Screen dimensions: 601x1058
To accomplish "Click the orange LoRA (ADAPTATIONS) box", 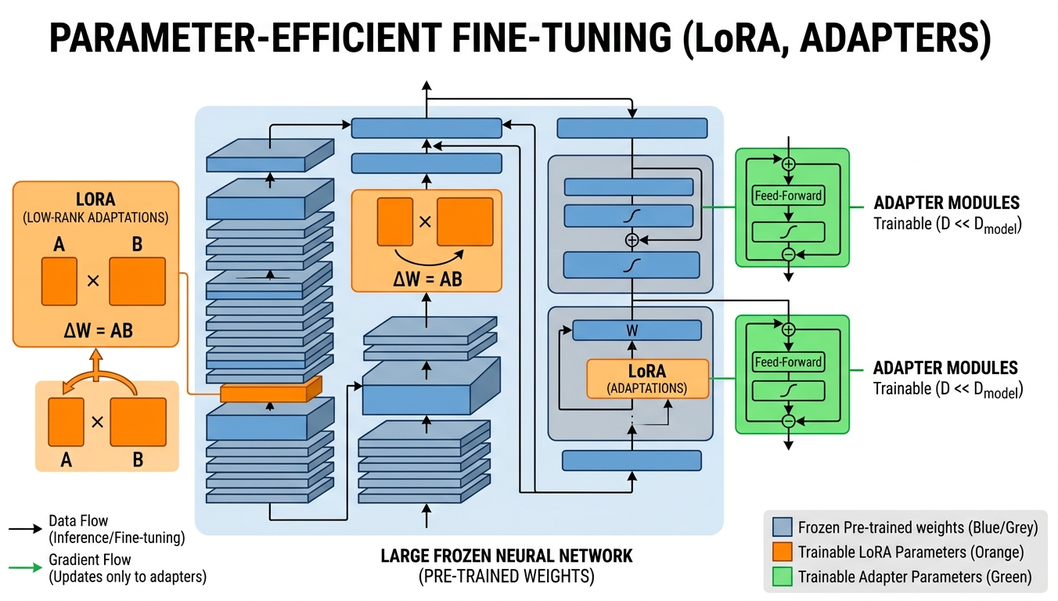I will point(647,379).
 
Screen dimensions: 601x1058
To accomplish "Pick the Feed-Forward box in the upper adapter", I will point(788,195).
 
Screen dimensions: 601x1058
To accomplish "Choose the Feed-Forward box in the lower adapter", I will point(788,362).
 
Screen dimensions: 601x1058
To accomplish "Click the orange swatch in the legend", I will point(783,552).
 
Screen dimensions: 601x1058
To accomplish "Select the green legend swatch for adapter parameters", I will point(783,578).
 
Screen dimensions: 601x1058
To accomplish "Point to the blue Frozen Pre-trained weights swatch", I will point(783,527).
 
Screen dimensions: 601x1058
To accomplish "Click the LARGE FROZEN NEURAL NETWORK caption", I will point(506,556).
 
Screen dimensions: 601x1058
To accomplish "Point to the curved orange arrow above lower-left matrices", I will point(97,375).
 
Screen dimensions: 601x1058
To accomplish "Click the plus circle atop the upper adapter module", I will point(788,164).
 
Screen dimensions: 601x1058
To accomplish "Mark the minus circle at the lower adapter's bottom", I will point(788,421).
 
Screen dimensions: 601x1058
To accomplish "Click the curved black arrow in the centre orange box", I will point(426,257).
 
